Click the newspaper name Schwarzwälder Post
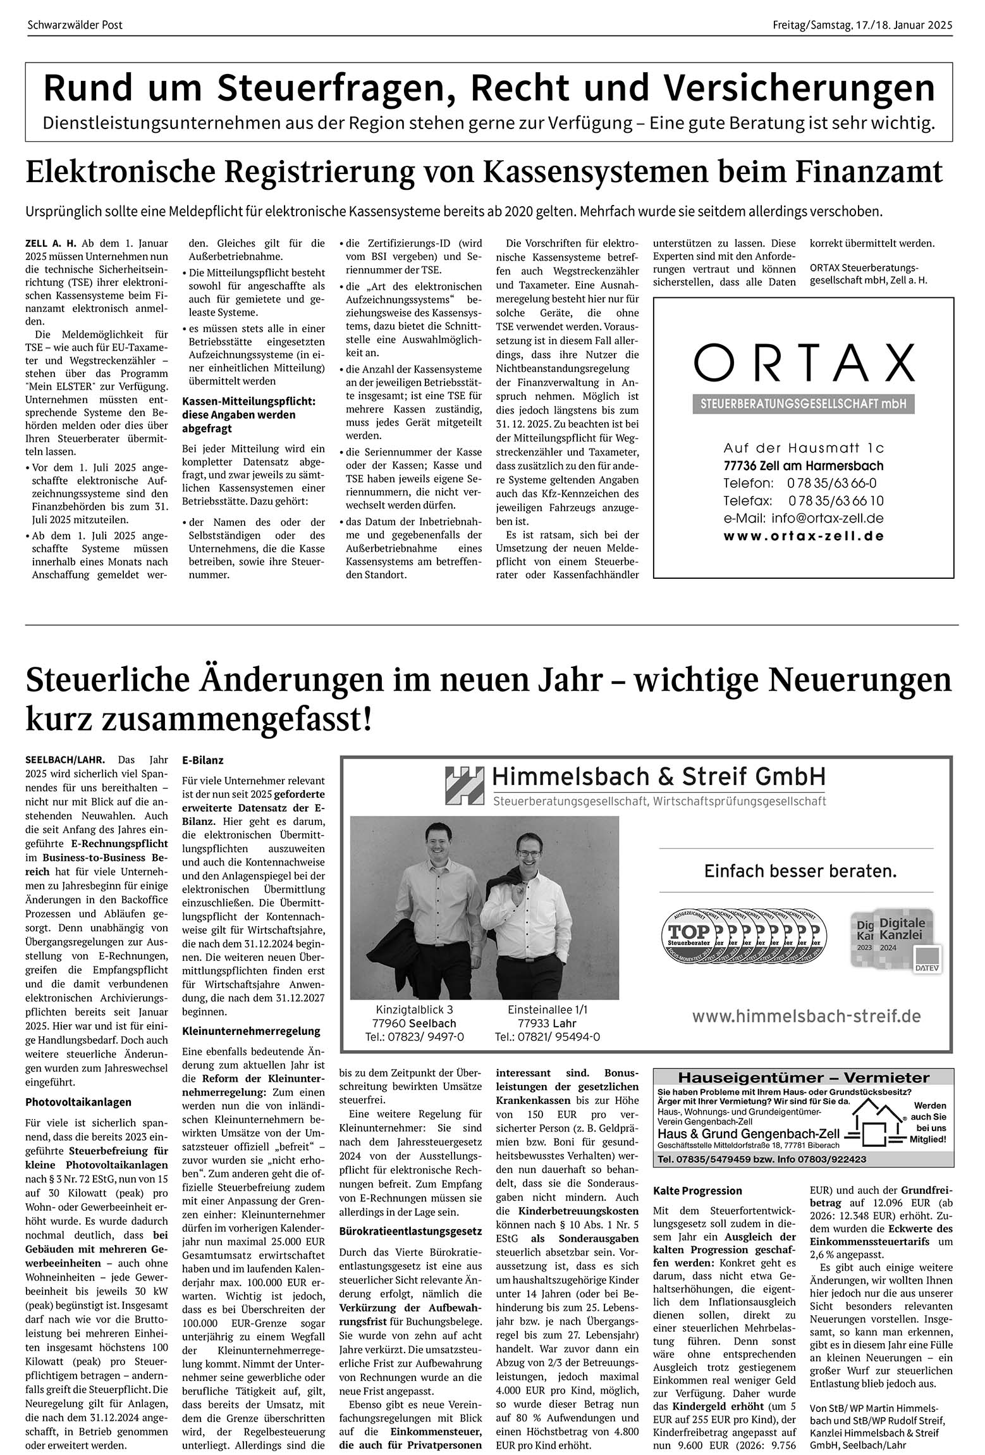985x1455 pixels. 75,25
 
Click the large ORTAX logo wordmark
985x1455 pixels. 804,363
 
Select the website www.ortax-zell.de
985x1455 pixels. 804,536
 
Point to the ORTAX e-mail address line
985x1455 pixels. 804,518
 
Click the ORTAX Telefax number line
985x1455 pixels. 804,501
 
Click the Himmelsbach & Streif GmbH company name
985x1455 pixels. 659,776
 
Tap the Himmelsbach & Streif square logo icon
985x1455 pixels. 464,785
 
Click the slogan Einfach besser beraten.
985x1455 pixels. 800,871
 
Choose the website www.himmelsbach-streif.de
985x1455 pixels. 806,1017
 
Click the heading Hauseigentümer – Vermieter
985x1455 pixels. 803,1077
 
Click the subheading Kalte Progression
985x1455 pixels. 697,1191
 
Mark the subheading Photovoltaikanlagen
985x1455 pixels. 78,1102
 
